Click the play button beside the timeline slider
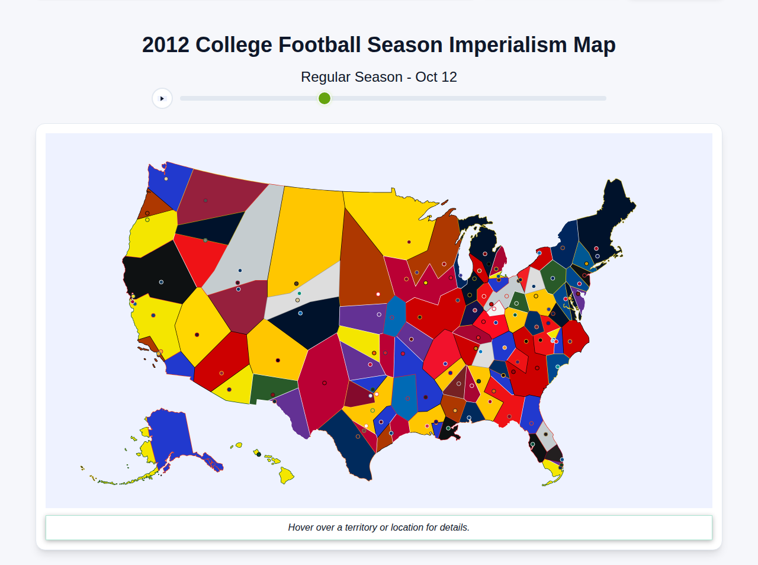[x=162, y=98]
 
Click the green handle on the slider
[x=325, y=98]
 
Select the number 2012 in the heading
[x=165, y=45]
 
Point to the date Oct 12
[x=436, y=77]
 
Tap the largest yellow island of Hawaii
[x=286, y=474]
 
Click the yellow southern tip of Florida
[x=553, y=471]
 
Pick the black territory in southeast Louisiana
[x=449, y=431]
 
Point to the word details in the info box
[x=454, y=527]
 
